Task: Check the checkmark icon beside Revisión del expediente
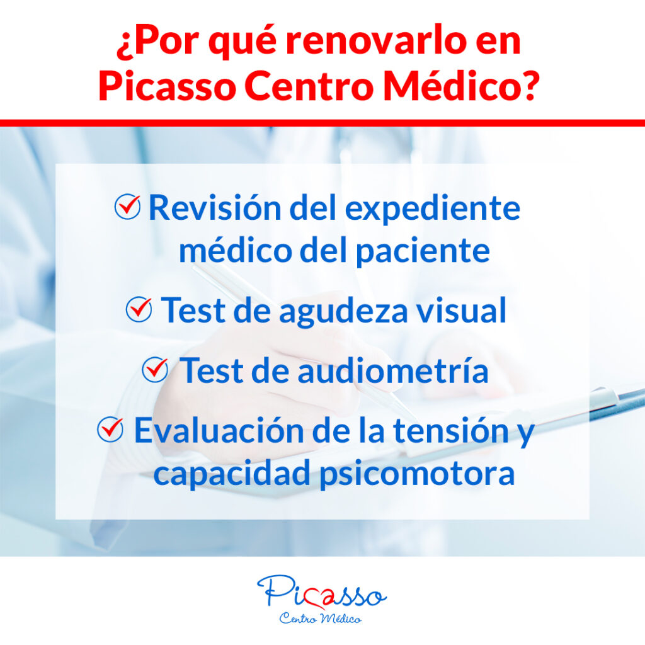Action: (127, 206)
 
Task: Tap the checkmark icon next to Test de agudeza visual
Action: (139, 309)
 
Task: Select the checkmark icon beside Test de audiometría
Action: (155, 369)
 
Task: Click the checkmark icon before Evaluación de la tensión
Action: (110, 430)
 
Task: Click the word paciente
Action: (423, 251)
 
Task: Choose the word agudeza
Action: (343, 312)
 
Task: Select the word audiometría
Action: (393, 370)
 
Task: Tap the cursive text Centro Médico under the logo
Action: (321, 619)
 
